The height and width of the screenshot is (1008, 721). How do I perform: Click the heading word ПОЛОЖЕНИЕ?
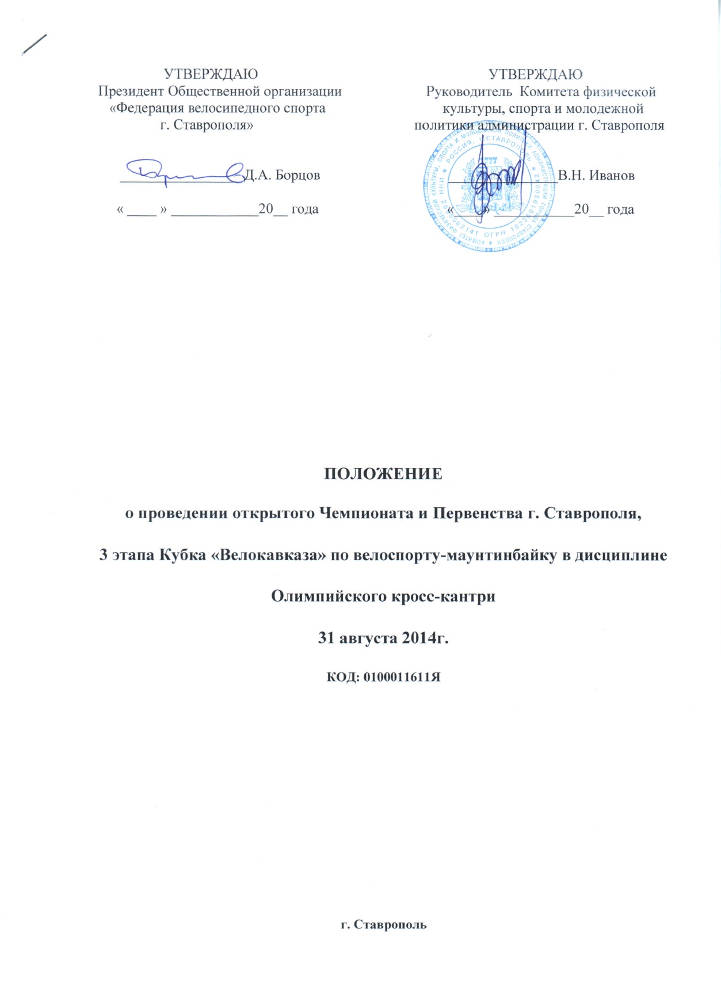pyautogui.click(x=383, y=474)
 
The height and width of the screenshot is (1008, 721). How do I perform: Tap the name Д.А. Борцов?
pyautogui.click(x=282, y=175)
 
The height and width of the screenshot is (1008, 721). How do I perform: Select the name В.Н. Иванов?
pyautogui.click(x=596, y=176)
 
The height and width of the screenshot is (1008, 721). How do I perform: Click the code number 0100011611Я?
pyautogui.click(x=402, y=677)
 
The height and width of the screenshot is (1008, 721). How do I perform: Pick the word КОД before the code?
pyautogui.click(x=342, y=677)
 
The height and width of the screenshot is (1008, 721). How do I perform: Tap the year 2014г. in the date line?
pyautogui.click(x=424, y=638)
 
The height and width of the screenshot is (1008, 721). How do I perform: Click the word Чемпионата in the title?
pyautogui.click(x=365, y=513)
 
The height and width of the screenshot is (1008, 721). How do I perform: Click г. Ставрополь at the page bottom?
pyautogui.click(x=383, y=925)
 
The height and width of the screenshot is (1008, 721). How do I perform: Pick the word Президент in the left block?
pyautogui.click(x=131, y=92)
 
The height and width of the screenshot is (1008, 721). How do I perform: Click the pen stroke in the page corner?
pyautogui.click(x=34, y=44)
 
